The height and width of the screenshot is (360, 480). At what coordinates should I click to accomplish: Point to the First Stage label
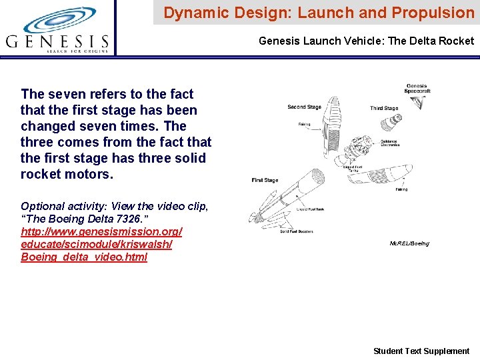click(265, 180)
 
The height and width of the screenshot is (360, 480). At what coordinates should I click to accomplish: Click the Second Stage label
click(304, 107)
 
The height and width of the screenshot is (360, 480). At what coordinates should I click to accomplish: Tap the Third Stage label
click(384, 108)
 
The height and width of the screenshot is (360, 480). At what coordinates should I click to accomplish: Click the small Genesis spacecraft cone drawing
click(419, 102)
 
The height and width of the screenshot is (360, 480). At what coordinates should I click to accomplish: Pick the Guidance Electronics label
click(390, 143)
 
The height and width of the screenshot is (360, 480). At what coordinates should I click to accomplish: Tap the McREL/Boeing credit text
click(409, 243)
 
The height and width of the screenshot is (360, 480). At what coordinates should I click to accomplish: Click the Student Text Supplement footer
click(421, 351)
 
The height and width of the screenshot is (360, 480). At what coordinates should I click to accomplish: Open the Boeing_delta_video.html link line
click(84, 257)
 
